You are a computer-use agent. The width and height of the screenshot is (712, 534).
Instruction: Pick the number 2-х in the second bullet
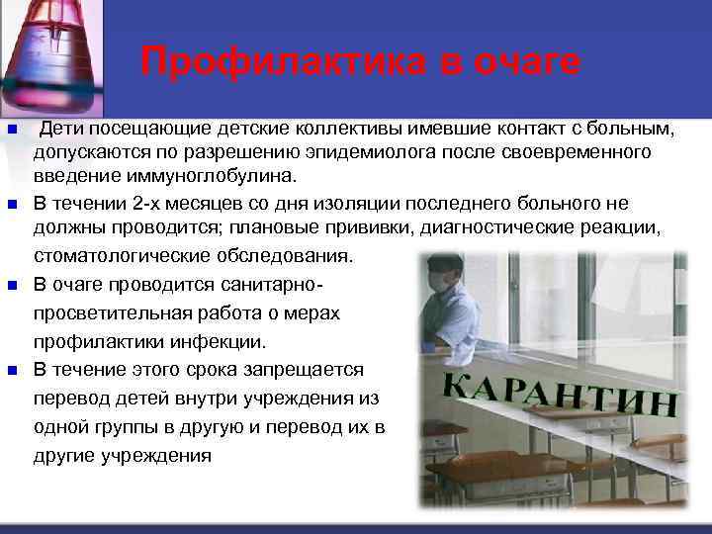point(150,204)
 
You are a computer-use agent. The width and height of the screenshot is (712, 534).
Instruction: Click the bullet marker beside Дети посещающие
point(13,131)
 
